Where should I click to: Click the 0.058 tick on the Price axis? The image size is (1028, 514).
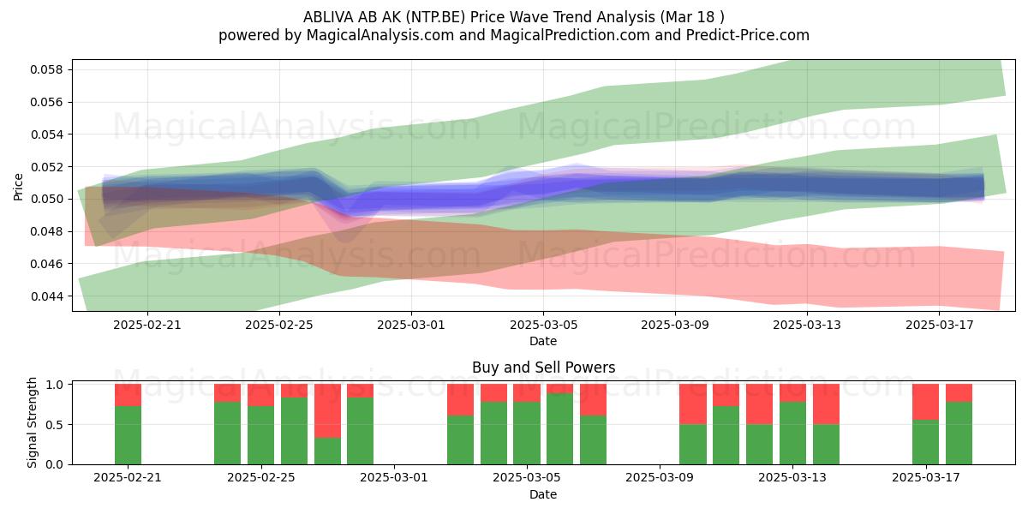click(x=47, y=69)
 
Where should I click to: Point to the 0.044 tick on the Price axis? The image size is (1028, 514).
click(x=47, y=296)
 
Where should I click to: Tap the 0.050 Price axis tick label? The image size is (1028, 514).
click(x=47, y=199)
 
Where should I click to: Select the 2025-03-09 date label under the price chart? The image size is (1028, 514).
click(x=675, y=325)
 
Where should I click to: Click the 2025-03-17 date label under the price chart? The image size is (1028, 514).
click(x=939, y=325)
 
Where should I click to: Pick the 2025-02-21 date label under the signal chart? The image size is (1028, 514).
click(x=128, y=478)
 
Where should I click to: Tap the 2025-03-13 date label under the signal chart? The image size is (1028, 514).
click(x=792, y=478)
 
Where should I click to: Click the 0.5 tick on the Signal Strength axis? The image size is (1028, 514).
click(x=55, y=425)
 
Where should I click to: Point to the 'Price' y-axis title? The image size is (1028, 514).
click(x=18, y=187)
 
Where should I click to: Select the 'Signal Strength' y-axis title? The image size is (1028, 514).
click(x=32, y=422)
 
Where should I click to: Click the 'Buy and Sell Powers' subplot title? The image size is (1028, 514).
click(x=543, y=368)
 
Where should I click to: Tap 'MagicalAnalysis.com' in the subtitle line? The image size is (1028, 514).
click(x=380, y=35)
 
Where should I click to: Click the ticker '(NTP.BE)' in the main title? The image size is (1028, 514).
click(x=435, y=17)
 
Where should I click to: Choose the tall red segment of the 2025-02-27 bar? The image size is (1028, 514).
click(x=327, y=410)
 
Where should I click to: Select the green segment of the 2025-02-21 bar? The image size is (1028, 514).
click(x=128, y=435)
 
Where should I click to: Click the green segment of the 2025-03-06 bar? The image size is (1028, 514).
click(x=560, y=428)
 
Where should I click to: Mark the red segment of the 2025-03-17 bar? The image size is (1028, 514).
click(x=926, y=402)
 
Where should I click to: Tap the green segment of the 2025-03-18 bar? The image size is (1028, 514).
click(x=959, y=433)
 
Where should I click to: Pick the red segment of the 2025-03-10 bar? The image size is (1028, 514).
click(x=693, y=404)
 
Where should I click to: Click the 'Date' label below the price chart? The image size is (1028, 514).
click(x=543, y=341)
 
